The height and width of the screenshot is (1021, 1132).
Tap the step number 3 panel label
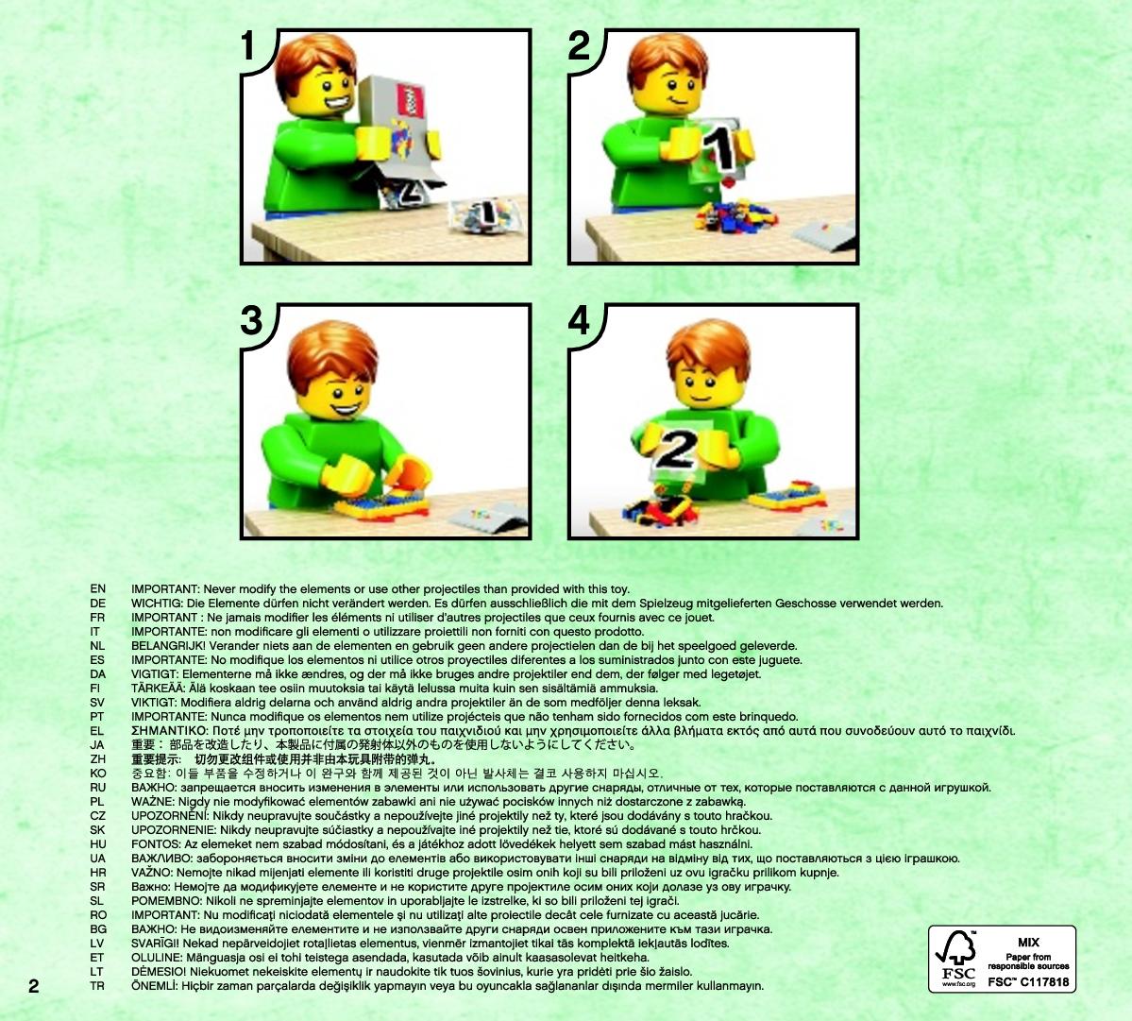click(x=251, y=320)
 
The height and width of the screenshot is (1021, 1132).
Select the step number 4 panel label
click(x=579, y=320)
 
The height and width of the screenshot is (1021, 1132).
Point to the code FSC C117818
click(x=1028, y=982)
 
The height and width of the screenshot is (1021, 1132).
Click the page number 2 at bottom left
click(x=33, y=986)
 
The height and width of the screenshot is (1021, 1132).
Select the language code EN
click(x=97, y=589)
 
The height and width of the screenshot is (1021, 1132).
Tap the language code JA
click(x=97, y=745)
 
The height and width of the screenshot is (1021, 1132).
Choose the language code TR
click(x=97, y=986)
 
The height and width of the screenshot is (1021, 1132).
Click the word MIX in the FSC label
click(x=1029, y=943)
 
